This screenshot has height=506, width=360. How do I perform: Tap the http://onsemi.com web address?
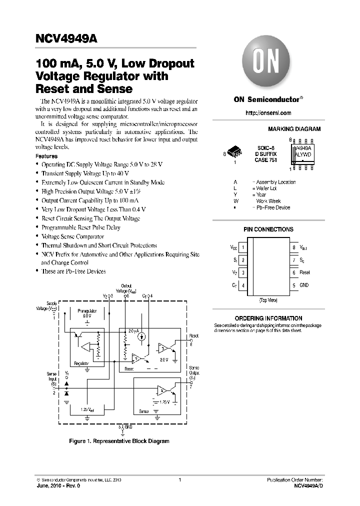tap(268, 113)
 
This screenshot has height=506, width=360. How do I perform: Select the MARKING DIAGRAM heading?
tap(294, 129)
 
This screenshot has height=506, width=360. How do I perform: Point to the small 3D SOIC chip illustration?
tap(234, 151)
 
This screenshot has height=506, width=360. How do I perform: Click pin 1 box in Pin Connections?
tap(243, 247)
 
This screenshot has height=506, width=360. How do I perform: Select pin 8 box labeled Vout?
tap(294, 247)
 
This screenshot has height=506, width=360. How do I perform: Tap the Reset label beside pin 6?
tap(305, 272)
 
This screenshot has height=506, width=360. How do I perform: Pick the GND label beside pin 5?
tap(304, 285)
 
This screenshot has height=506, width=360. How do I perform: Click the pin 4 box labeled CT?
tap(243, 285)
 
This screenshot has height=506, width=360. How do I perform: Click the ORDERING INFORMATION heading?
tap(268, 318)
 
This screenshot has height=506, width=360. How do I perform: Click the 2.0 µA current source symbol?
tap(142, 337)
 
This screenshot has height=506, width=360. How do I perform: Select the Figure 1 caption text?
tap(119, 441)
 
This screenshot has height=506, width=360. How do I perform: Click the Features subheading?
tap(46, 156)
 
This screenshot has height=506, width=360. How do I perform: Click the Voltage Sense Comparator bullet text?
tap(73, 236)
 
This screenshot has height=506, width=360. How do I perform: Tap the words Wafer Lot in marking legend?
tap(267, 188)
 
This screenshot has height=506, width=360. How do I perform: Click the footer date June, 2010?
tap(50, 485)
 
